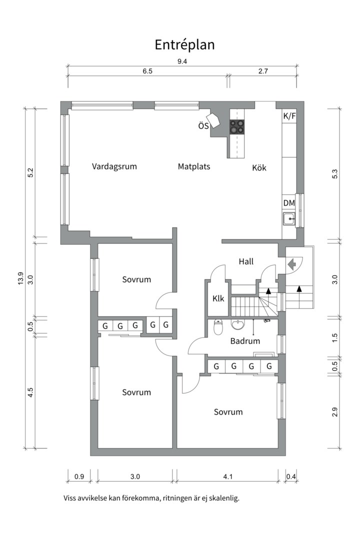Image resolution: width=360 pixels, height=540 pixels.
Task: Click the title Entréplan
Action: (184, 44)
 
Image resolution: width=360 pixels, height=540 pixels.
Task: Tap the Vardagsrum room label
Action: (114, 166)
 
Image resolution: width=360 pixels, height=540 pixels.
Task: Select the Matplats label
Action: (194, 166)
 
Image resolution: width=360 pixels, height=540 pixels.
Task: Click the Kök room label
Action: (259, 168)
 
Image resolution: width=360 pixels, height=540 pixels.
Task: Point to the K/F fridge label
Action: (289, 116)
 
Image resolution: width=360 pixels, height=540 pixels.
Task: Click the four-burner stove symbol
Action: (237, 127)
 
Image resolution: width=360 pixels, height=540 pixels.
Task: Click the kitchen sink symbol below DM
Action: (289, 219)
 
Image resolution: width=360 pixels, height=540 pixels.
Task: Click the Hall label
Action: (246, 261)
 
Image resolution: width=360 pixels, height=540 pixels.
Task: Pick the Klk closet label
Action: (218, 298)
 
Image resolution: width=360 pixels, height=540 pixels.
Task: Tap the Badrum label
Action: (245, 341)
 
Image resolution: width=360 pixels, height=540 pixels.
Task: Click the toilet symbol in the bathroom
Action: (218, 327)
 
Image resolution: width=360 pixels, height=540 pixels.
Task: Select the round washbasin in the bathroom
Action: (238, 325)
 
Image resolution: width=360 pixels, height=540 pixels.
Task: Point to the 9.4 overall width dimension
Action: (182, 61)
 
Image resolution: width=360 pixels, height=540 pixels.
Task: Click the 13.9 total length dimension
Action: (20, 278)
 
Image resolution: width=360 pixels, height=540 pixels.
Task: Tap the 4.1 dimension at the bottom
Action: (228, 476)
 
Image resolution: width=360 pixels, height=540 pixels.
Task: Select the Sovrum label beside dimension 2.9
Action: (228, 412)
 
